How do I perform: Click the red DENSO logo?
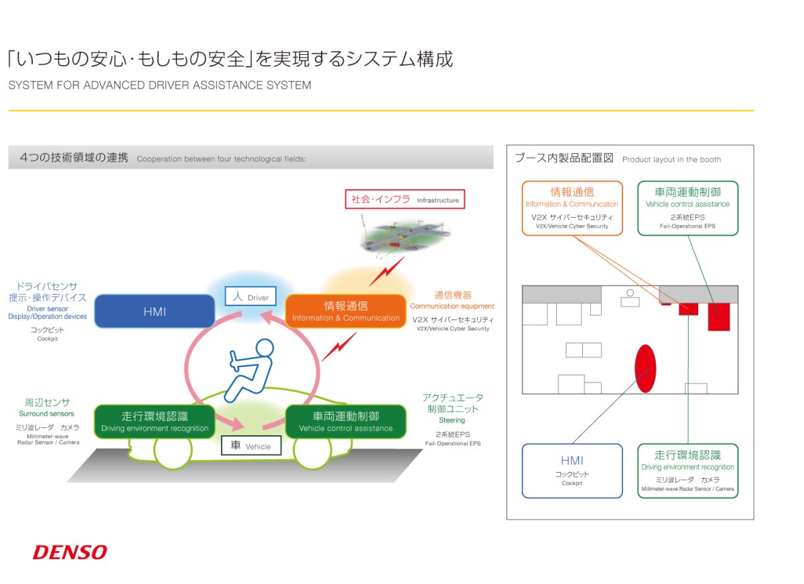click(x=70, y=552)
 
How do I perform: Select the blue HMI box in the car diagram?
click(x=155, y=311)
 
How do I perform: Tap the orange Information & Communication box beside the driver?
click(x=346, y=311)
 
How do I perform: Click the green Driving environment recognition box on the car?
click(x=155, y=421)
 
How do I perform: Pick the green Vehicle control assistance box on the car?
click(x=346, y=421)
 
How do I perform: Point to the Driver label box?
click(x=251, y=296)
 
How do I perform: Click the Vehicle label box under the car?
click(x=251, y=445)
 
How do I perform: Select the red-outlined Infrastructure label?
click(x=405, y=199)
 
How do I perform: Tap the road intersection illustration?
click(x=405, y=235)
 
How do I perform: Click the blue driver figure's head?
click(x=265, y=349)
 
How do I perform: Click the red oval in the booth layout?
click(x=645, y=368)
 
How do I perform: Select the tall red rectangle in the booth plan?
click(x=719, y=317)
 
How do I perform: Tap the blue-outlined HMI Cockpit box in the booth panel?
click(x=572, y=471)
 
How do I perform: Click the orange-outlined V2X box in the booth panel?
click(x=572, y=208)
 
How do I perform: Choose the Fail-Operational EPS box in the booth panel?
click(x=687, y=208)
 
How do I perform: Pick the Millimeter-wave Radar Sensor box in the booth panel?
click(x=687, y=471)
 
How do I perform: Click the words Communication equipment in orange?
click(x=452, y=306)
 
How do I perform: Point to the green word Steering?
click(x=452, y=420)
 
